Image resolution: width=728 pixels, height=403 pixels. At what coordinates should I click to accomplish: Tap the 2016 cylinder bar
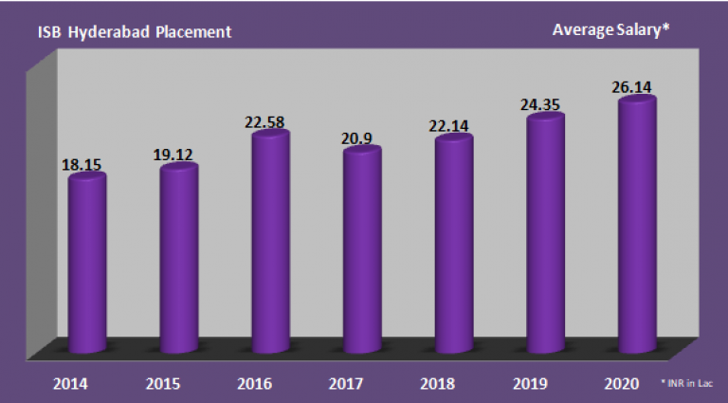pos(270,242)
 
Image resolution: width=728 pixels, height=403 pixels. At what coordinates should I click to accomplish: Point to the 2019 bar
pos(545,232)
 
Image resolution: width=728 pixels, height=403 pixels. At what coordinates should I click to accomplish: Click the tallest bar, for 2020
pos(636,223)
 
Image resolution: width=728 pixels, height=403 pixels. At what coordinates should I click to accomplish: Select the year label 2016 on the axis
pos(256,385)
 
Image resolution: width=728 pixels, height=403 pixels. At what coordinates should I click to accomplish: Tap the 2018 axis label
pos(439,385)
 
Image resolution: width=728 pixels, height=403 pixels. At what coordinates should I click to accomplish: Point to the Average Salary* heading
pos(610,30)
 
